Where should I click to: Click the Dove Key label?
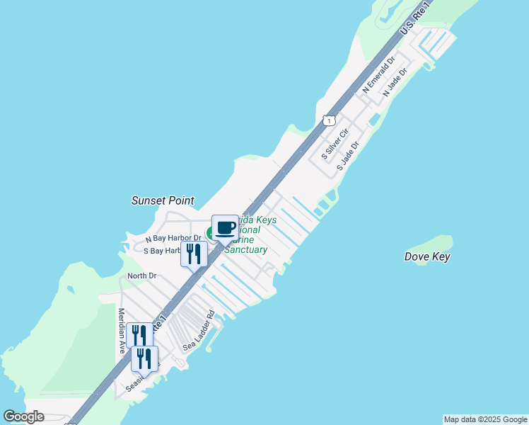[427, 257]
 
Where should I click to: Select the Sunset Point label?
[163, 201]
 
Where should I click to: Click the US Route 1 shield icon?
[329, 121]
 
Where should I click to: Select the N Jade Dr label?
[395, 83]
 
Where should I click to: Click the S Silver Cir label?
[335, 143]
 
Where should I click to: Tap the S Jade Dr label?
[349, 155]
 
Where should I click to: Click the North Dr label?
[141, 276]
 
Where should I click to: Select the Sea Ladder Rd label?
[198, 329]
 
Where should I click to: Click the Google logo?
[24, 416]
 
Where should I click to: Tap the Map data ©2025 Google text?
[485, 419]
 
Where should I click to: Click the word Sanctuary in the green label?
[245, 250]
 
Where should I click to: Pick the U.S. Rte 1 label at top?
[415, 19]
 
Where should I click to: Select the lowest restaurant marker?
[145, 359]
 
